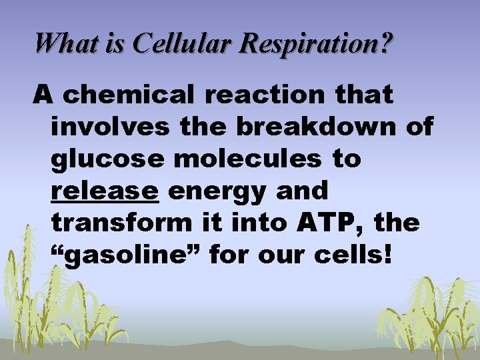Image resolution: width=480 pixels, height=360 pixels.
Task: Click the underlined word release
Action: click(105, 191)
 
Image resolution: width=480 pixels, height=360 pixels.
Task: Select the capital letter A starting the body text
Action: click(43, 95)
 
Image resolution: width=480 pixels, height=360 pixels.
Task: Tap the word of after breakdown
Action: click(418, 127)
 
